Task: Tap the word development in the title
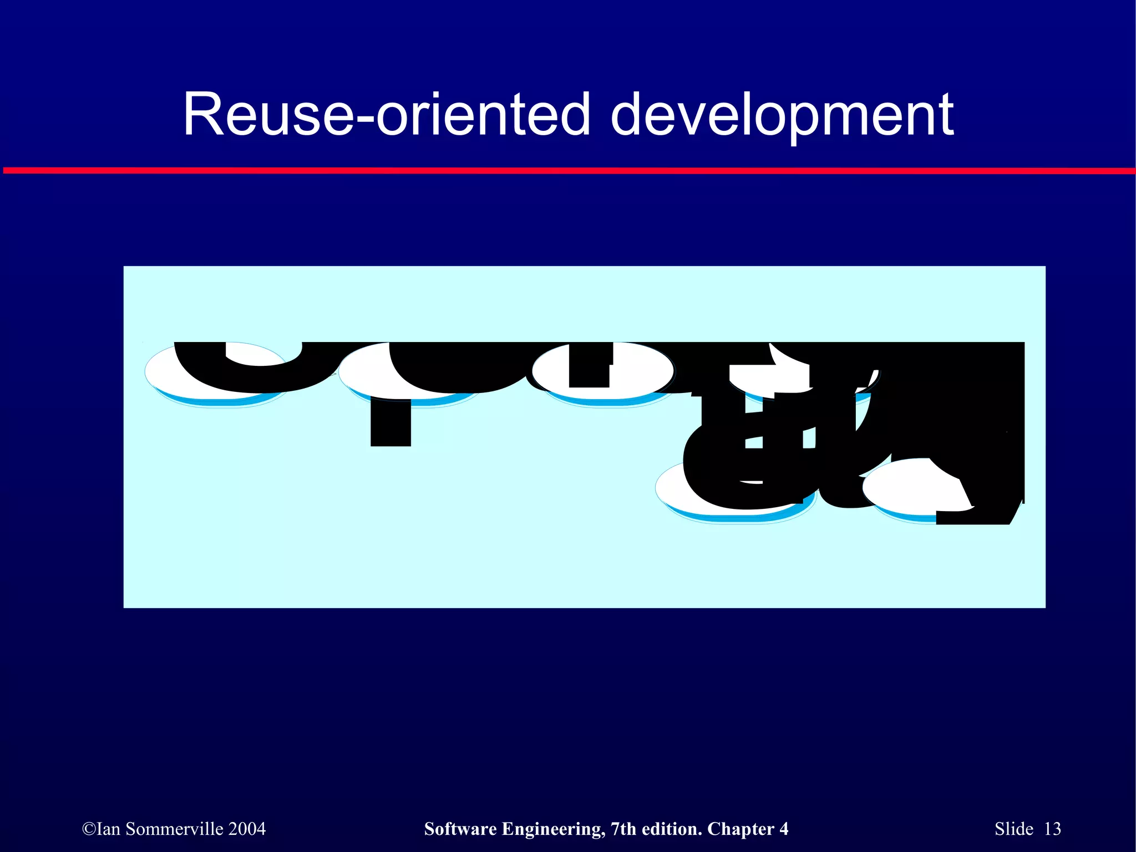782,115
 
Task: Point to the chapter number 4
784,829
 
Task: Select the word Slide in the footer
1014,829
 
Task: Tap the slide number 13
1052,829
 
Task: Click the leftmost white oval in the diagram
166,377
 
